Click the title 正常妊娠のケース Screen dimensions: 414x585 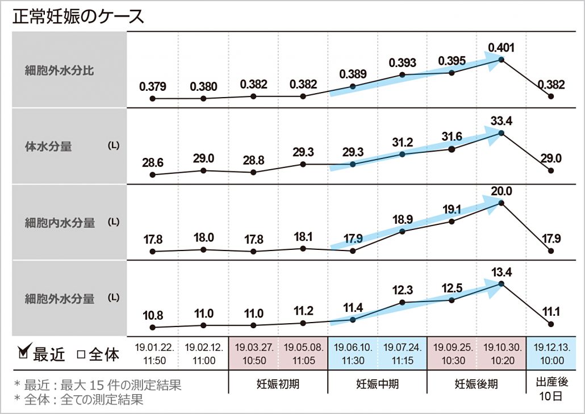[x=78, y=16]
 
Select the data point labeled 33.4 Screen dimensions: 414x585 [x=501, y=133]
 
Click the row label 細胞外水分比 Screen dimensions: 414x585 [x=60, y=71]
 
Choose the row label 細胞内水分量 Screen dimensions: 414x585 [x=60, y=223]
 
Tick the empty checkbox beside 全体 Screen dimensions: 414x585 [x=81, y=354]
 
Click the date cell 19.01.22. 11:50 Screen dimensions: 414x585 [x=153, y=353]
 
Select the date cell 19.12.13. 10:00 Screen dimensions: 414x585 [x=550, y=353]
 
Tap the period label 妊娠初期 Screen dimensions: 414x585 [x=278, y=384]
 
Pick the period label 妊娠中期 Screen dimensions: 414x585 [x=377, y=384]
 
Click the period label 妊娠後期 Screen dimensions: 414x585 [x=476, y=384]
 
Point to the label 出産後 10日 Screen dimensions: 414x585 [x=550, y=388]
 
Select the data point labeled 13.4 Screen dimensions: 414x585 [x=501, y=283]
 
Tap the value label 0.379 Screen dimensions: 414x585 [x=153, y=87]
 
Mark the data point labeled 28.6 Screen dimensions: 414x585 [x=153, y=175]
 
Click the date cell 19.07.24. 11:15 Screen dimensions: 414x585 [x=402, y=353]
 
